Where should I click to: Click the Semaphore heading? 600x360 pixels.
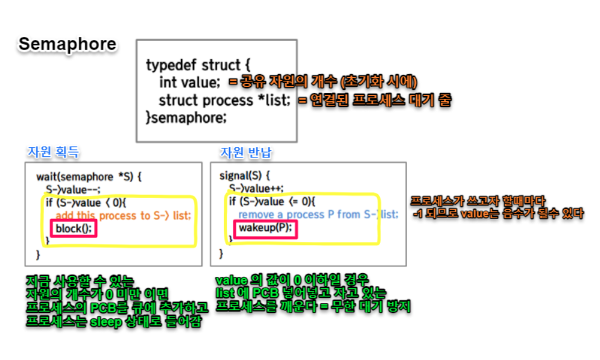[x=68, y=45]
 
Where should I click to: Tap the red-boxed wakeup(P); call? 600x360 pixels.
[x=265, y=228]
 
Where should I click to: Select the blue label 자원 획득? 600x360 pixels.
[x=53, y=153]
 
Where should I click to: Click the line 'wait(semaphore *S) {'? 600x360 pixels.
[x=88, y=177]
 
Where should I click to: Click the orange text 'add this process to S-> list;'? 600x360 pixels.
[x=123, y=215]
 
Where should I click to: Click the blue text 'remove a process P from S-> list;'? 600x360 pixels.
[x=318, y=215]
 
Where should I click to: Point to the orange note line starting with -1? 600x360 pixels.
[x=497, y=213]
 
